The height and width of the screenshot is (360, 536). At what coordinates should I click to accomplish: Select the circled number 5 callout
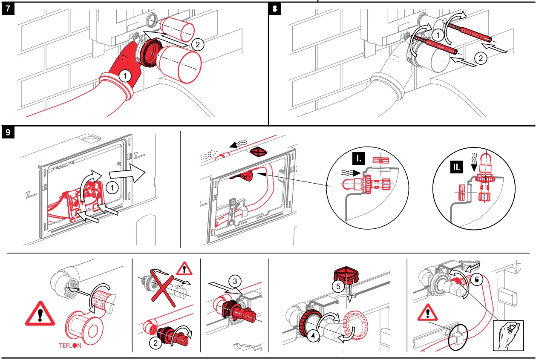click(338, 287)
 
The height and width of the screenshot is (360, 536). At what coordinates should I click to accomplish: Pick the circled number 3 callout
click(235, 281)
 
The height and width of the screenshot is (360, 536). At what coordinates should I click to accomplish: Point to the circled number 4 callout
click(314, 336)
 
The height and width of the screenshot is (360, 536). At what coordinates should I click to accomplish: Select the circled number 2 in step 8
click(481, 59)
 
